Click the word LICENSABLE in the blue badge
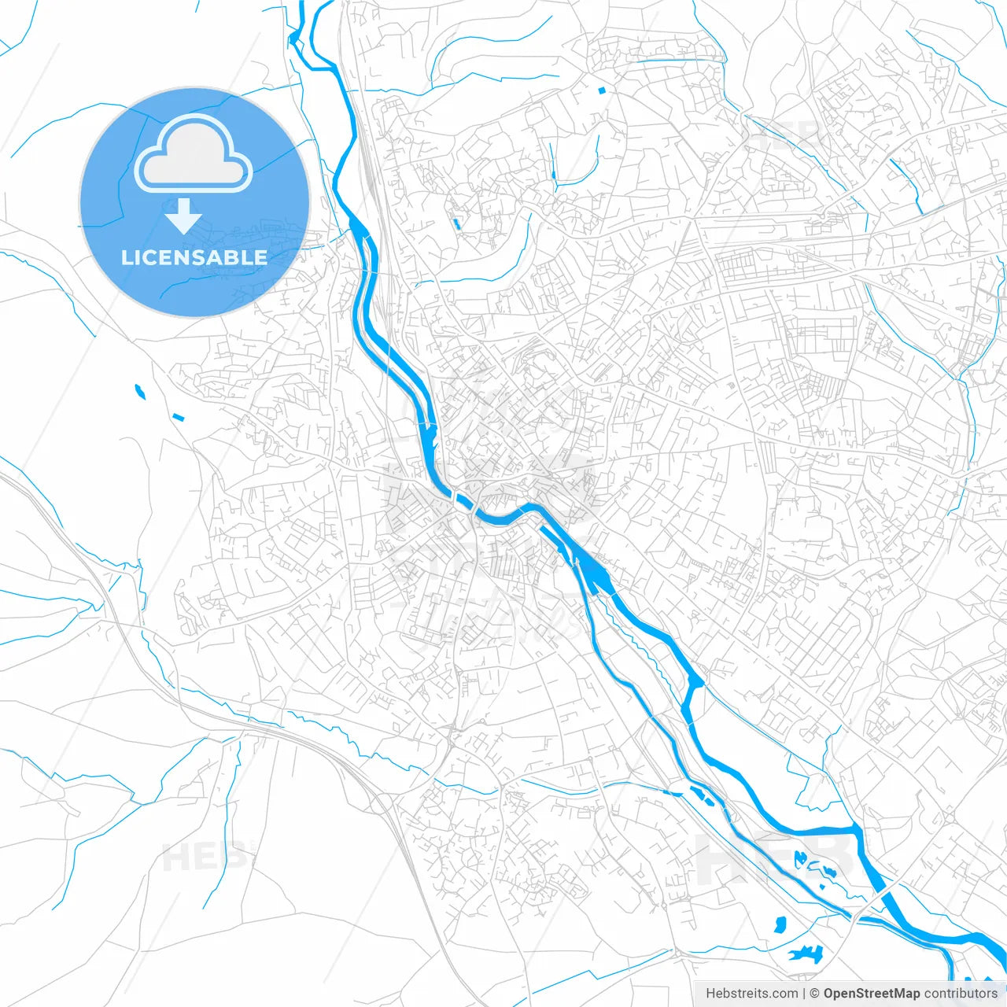(x=194, y=257)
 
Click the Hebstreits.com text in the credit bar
(x=752, y=994)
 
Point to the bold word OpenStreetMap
(x=872, y=994)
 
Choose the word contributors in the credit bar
(x=961, y=994)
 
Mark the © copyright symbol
(x=815, y=994)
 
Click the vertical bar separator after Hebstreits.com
(x=804, y=994)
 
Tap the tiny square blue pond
(x=602, y=90)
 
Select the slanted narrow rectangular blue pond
(x=177, y=416)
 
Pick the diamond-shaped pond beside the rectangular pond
(x=139, y=390)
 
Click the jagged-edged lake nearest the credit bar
(x=805, y=954)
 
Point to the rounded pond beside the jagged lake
(x=780, y=924)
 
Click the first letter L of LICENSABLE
(x=126, y=257)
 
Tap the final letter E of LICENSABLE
(x=261, y=257)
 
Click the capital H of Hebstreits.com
(x=710, y=994)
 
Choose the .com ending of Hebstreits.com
(x=784, y=994)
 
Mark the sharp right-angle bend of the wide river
(x=854, y=829)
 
